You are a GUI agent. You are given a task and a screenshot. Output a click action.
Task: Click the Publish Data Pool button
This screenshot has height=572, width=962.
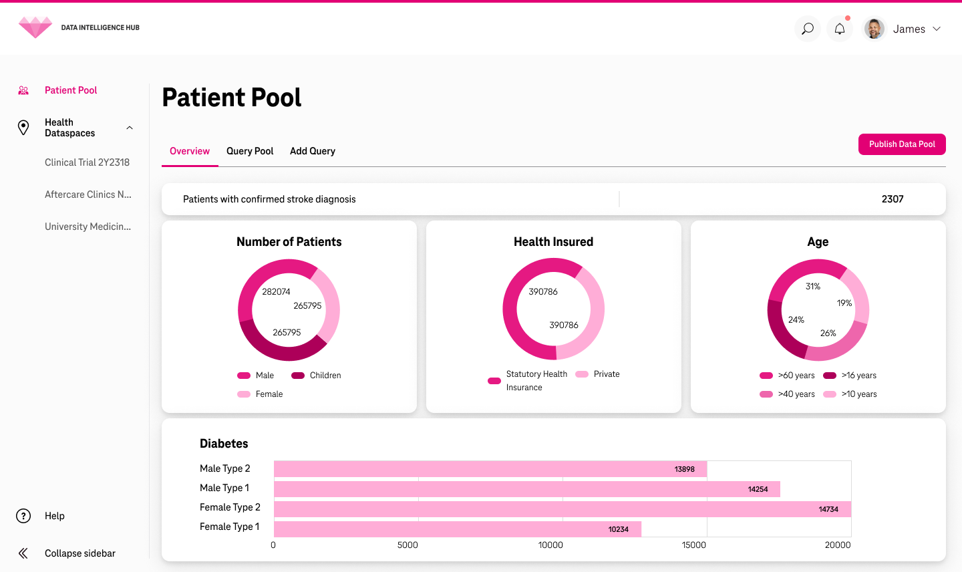(x=901, y=144)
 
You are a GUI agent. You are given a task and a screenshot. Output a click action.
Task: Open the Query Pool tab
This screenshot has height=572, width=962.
(x=250, y=151)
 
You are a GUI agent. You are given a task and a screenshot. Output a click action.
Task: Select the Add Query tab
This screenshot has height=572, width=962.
(x=313, y=151)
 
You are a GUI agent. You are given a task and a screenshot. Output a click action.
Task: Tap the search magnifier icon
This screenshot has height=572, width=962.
(x=808, y=29)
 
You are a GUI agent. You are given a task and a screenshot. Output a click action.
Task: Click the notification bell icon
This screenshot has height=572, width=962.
(x=840, y=29)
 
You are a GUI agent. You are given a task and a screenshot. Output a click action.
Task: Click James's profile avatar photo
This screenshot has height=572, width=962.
(x=874, y=29)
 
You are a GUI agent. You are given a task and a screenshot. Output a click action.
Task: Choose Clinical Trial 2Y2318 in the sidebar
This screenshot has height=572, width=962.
(x=87, y=162)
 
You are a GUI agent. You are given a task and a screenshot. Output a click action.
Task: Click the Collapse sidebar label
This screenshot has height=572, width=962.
(x=80, y=553)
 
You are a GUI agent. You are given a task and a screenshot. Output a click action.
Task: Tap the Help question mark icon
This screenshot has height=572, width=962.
(x=23, y=516)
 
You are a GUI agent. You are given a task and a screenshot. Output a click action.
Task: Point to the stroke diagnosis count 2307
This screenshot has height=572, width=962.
(x=893, y=199)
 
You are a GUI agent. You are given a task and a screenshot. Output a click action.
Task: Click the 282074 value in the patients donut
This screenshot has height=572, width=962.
(x=276, y=292)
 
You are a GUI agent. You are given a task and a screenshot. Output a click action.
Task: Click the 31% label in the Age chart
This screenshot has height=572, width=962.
(x=812, y=287)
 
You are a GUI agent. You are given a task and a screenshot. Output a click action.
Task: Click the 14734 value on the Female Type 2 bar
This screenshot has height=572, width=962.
(x=828, y=509)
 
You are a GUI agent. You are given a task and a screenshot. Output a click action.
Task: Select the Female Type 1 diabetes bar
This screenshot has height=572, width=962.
(x=457, y=529)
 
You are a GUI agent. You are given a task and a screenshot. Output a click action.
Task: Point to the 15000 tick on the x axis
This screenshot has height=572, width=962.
(x=693, y=545)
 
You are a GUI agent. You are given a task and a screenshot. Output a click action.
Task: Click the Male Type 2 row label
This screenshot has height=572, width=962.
(x=225, y=468)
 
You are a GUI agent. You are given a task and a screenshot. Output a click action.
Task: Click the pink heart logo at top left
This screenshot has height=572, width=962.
(x=35, y=27)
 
